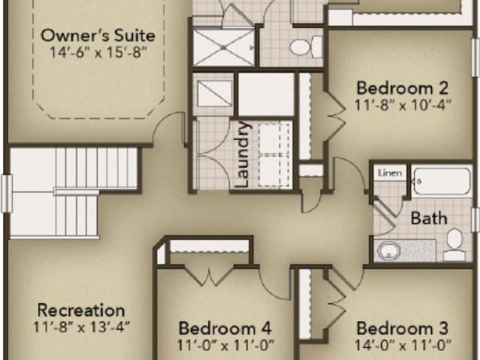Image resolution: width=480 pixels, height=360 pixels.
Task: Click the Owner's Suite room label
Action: click(x=98, y=35)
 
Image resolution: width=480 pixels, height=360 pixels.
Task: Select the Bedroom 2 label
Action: click(x=402, y=88)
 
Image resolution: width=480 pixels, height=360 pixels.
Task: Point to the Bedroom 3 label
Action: click(x=402, y=328)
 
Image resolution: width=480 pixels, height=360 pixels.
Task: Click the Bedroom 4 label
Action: click(x=225, y=328)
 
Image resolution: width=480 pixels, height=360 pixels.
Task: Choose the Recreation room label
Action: click(x=81, y=310)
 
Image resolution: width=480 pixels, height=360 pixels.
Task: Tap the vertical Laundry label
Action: click(x=243, y=154)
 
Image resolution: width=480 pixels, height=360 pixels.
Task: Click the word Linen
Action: click(x=390, y=173)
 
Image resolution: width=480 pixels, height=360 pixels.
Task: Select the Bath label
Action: click(x=428, y=218)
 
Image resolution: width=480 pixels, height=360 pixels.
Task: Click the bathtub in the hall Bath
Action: click(x=442, y=181)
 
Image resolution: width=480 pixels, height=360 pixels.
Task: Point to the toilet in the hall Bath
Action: click(x=454, y=244)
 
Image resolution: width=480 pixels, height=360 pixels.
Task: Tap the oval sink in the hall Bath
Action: click(x=388, y=250)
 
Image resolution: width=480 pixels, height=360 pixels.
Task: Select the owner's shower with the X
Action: click(x=223, y=47)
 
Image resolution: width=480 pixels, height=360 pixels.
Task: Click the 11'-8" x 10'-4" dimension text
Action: click(x=403, y=105)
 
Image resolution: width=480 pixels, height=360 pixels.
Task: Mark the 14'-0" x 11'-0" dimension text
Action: click(x=403, y=346)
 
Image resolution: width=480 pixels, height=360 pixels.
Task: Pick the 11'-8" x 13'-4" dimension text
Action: click(x=81, y=327)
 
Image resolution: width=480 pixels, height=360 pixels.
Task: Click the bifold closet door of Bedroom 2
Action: click(x=334, y=116)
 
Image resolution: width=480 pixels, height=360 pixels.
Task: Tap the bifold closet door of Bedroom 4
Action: click(x=209, y=277)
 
